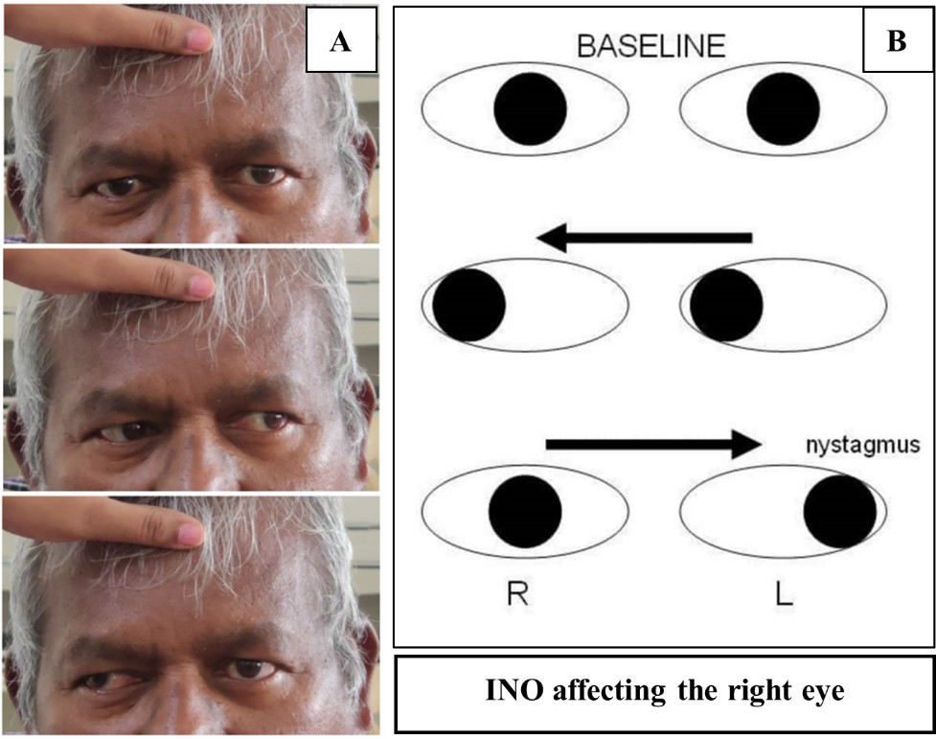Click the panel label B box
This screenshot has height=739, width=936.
(x=899, y=44)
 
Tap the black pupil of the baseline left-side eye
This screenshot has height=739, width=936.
(x=530, y=108)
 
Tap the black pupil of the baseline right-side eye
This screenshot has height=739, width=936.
(x=783, y=108)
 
